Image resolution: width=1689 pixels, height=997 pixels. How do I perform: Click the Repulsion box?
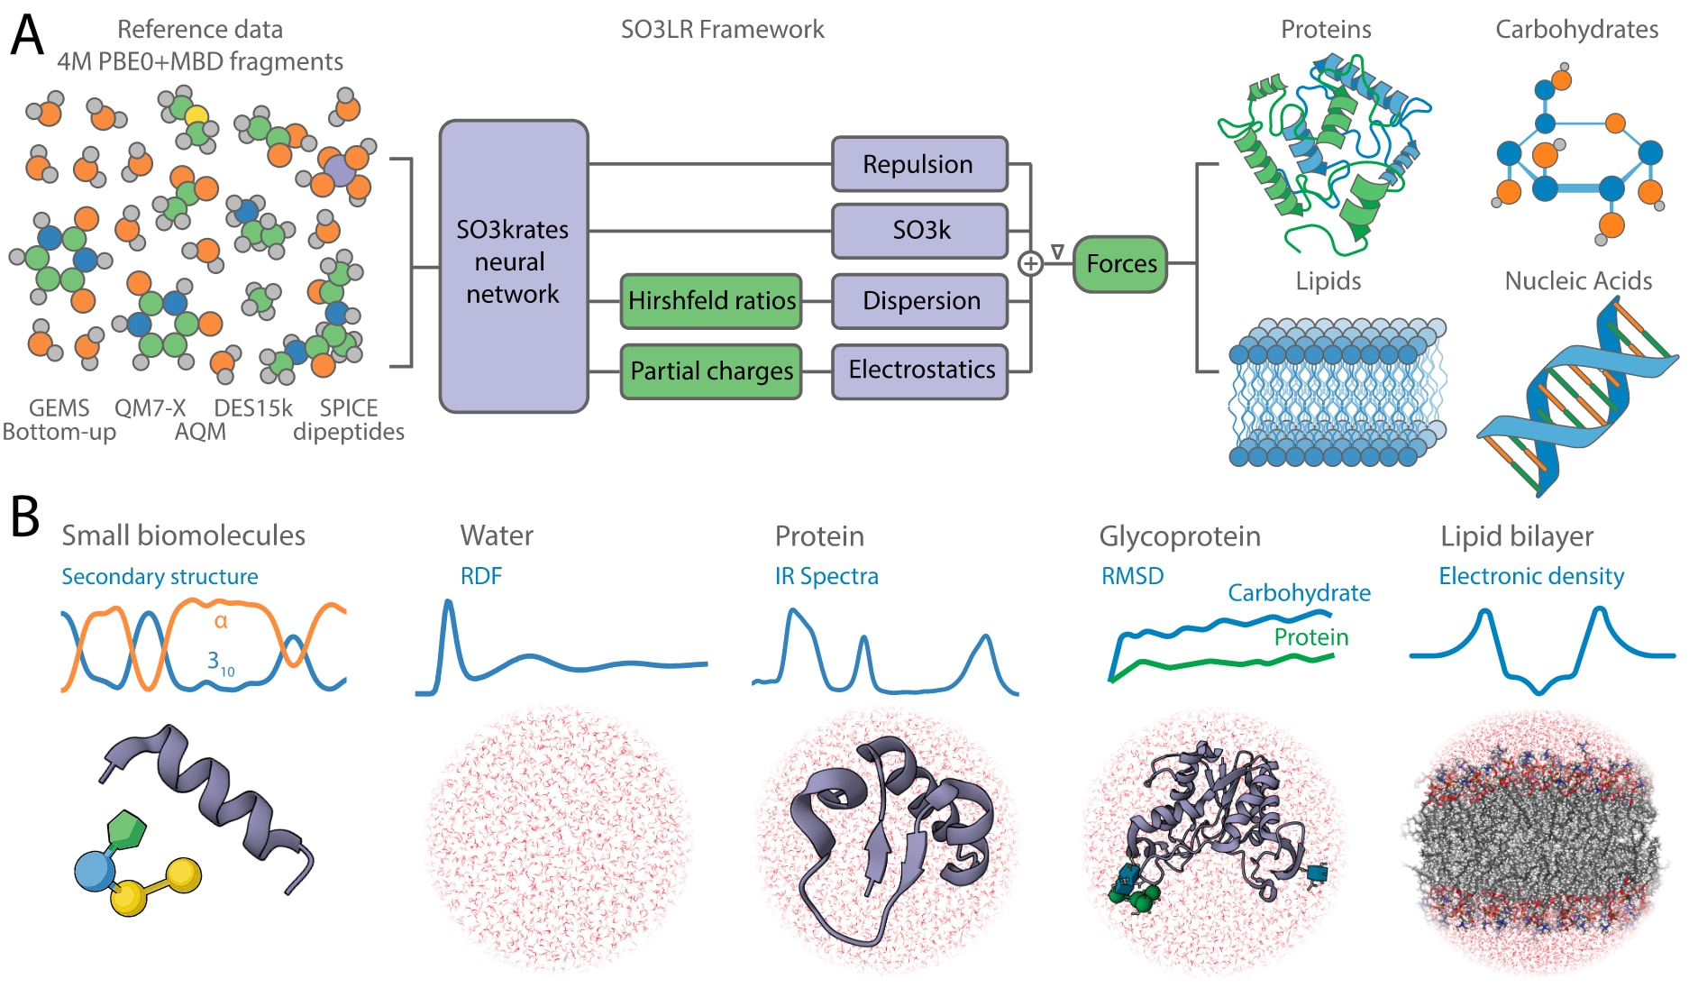pos(918,164)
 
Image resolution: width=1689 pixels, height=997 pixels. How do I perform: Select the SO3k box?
pos(918,231)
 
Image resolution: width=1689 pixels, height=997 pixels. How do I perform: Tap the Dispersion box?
pos(918,300)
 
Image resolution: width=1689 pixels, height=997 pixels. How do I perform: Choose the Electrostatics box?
pos(918,370)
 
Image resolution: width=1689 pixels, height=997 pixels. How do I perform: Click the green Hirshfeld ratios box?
pos(710,300)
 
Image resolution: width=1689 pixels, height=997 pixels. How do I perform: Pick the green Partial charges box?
pos(710,370)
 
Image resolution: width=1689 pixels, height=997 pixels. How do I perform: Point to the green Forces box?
pos(1120,263)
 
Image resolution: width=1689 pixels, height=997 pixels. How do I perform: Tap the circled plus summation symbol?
pos(1030,263)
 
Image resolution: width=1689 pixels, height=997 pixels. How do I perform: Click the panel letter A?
pos(26,36)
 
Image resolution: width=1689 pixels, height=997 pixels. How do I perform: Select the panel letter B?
pos(24,517)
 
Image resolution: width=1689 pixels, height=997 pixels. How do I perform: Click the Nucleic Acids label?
pos(1577,280)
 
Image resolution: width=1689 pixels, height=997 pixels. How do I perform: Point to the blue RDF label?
pos(480,576)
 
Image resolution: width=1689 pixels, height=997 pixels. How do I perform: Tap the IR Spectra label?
pos(826,576)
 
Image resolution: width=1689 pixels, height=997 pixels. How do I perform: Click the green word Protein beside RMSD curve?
pos(1310,637)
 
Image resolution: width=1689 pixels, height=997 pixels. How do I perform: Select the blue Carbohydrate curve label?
pos(1298,592)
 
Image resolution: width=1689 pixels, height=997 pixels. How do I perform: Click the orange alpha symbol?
pos(221,621)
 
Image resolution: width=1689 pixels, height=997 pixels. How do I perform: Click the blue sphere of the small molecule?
pos(95,871)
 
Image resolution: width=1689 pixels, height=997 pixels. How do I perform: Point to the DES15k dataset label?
pos(252,408)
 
